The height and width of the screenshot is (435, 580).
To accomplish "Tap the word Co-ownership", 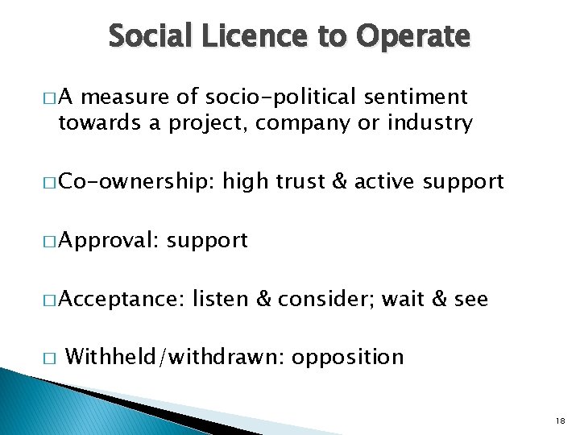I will tap(137, 181).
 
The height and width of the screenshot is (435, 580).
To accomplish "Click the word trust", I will tap(300, 180).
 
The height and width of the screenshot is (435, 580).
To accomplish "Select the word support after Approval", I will tap(207, 241).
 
